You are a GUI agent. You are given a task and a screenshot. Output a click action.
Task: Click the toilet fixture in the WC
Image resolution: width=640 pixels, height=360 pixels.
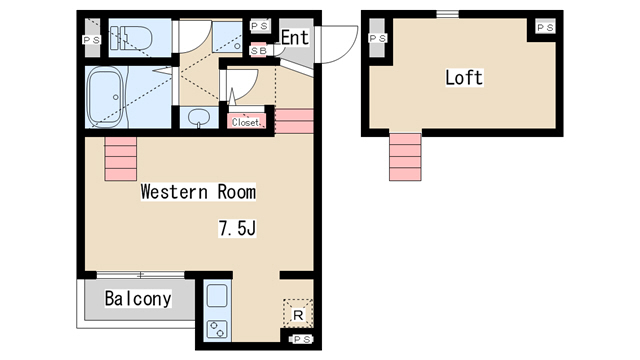(x=131, y=38)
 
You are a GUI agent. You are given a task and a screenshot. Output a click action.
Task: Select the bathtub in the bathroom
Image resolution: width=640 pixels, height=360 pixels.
(x=105, y=97)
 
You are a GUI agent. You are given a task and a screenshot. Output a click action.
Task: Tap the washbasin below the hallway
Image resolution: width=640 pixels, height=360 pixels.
(x=199, y=118)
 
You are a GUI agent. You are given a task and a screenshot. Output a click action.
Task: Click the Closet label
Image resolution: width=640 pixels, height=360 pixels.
(x=245, y=122)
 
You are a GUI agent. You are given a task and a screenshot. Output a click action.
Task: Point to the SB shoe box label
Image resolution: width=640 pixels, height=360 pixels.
(x=258, y=51)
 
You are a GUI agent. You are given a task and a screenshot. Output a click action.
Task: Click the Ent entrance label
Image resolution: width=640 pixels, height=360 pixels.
(x=295, y=38)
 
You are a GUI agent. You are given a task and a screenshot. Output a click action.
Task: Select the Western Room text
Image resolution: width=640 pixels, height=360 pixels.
(x=198, y=192)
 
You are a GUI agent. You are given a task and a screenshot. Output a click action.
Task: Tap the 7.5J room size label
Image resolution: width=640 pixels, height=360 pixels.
(x=237, y=228)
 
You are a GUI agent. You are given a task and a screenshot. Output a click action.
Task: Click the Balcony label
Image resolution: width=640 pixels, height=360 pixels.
(x=138, y=298)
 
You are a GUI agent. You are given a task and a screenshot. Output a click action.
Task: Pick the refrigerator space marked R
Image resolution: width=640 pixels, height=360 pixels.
(x=298, y=314)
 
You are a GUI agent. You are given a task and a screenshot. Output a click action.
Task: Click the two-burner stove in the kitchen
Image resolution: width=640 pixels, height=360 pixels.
(x=217, y=329)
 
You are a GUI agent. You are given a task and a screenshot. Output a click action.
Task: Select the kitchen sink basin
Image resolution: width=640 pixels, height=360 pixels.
(x=217, y=295)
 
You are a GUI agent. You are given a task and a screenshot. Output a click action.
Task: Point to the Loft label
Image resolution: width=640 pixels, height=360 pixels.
(x=464, y=78)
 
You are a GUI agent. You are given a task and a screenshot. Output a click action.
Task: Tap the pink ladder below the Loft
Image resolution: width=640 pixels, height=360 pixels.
(x=405, y=157)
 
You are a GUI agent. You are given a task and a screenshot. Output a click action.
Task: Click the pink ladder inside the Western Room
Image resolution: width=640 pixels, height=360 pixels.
(x=120, y=159)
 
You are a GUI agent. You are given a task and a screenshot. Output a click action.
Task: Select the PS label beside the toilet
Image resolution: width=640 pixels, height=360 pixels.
(x=92, y=40)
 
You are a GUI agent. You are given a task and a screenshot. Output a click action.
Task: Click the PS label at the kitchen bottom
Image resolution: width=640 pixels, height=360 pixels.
(x=301, y=339)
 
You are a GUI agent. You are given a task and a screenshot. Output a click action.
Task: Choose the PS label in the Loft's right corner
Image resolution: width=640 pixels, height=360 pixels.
(x=545, y=28)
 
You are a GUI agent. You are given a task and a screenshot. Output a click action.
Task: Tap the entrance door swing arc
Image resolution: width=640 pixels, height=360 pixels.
(x=348, y=51)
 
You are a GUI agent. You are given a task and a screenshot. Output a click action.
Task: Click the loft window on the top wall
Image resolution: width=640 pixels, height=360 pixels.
(x=447, y=14)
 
